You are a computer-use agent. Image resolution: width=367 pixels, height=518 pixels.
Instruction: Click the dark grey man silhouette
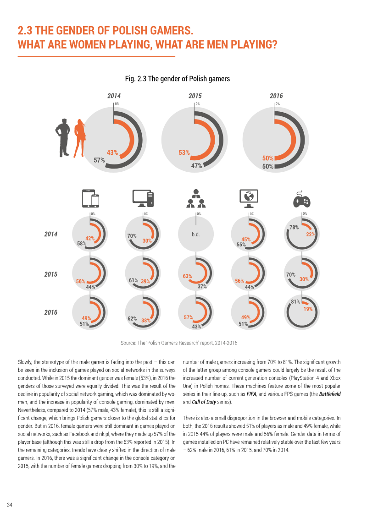tap(62, 137)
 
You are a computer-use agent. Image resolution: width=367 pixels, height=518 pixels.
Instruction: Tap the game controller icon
tap(301, 199)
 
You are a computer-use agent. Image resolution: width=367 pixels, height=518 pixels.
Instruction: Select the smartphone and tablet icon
tap(91, 199)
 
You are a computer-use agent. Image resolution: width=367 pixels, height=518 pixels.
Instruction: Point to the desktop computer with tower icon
tap(143, 199)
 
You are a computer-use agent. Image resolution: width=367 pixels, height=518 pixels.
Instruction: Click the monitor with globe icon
tap(249, 199)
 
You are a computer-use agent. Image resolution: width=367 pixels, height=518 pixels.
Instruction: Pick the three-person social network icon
tap(196, 198)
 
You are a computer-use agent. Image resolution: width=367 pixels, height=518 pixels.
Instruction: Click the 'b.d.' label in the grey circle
tap(195, 234)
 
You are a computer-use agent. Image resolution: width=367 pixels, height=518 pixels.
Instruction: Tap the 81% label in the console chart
tap(295, 302)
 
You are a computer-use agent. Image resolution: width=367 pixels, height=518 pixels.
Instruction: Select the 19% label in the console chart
tap(308, 309)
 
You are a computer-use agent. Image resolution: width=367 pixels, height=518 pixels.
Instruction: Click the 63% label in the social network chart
tap(187, 276)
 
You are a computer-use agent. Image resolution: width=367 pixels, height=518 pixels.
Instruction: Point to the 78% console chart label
tap(294, 227)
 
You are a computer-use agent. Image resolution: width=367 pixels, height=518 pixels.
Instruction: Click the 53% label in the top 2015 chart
tap(184, 153)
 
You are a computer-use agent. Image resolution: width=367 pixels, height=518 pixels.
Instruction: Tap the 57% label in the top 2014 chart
tap(99, 160)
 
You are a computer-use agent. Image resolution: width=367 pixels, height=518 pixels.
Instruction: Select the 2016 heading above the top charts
tap(276, 96)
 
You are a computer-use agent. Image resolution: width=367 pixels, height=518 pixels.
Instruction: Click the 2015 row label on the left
tap(50, 274)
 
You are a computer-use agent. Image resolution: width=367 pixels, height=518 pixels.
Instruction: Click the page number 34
tap(10, 505)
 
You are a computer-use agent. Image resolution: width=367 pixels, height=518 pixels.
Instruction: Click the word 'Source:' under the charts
tap(128, 343)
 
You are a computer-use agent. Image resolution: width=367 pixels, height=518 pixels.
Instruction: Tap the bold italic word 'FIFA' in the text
tap(251, 394)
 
